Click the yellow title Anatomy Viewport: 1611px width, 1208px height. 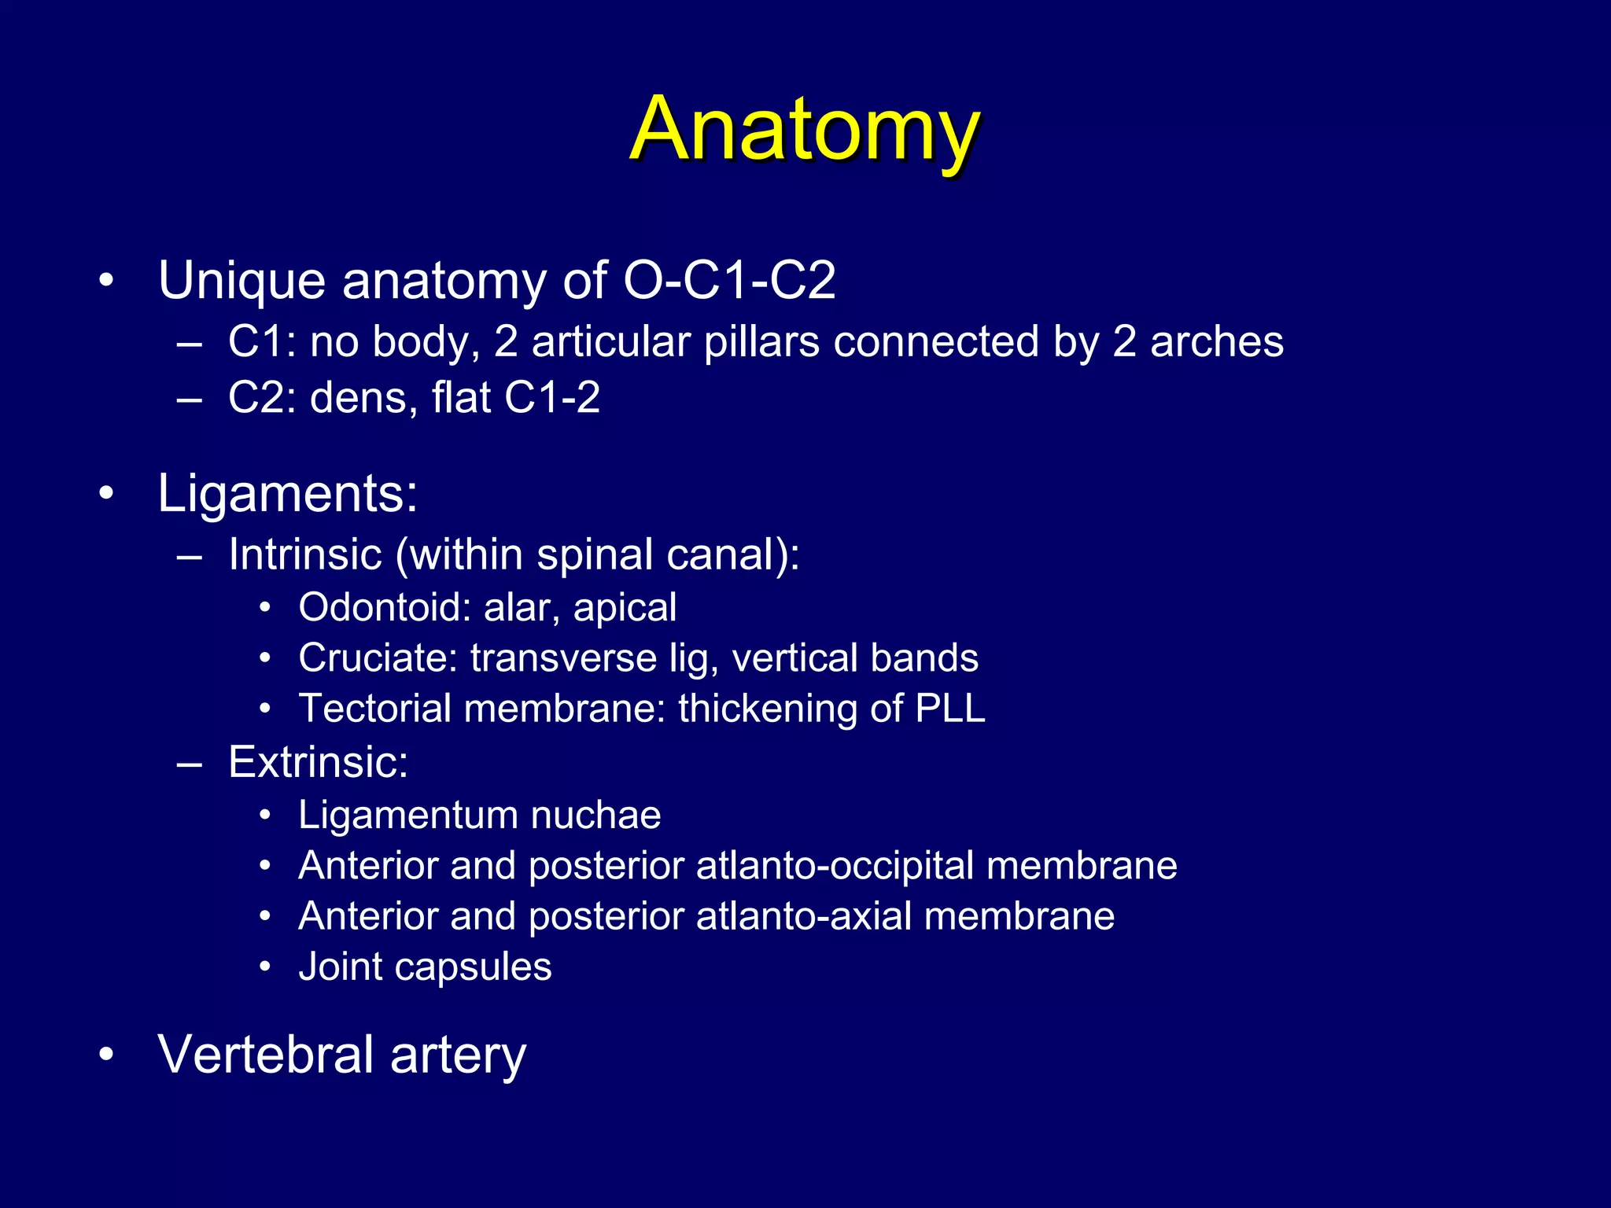804,130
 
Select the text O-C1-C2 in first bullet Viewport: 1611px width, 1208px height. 728,281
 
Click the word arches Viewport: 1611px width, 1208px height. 1216,343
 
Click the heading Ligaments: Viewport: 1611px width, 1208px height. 288,495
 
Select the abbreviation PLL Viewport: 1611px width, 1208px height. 950,709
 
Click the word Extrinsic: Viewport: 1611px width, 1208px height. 318,762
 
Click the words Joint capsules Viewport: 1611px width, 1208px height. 425,967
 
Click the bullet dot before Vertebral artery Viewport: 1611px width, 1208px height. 106,1055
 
